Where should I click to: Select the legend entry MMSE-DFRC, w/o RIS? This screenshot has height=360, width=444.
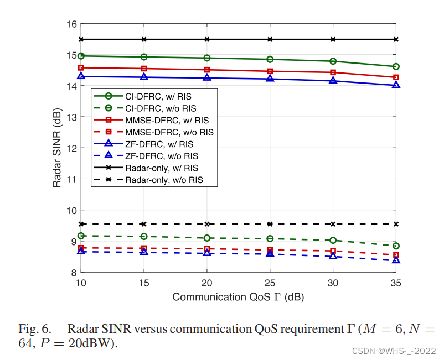169,132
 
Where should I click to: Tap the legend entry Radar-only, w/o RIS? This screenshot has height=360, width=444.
164,180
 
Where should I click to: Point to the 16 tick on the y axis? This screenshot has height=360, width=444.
71,24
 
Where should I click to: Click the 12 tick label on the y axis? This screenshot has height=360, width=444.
71,148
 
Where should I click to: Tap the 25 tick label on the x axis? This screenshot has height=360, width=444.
270,283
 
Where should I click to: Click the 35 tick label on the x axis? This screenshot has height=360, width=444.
396,283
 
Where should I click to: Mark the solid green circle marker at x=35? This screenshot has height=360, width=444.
396,66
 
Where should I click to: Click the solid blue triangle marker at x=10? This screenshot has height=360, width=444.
81,76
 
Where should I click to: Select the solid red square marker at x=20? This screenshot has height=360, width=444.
207,70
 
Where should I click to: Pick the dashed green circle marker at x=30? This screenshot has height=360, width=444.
333,240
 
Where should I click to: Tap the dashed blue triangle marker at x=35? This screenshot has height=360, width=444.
396,260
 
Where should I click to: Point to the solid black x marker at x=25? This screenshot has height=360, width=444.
270,39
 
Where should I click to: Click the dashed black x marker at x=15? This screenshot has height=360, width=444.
144,224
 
